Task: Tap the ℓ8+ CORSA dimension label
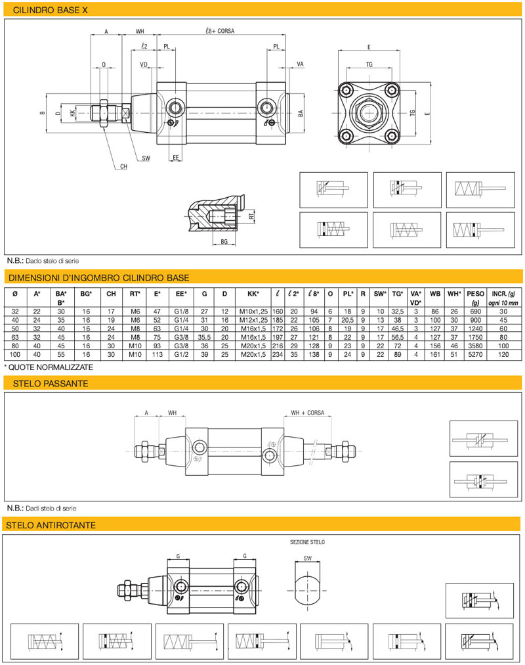pos(219,31)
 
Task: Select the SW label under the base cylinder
pos(146,158)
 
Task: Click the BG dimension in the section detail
pos(223,242)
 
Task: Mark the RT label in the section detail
pos(251,215)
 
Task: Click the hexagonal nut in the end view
pos(369,113)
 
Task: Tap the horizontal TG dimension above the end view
pos(369,64)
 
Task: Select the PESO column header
pos(476,293)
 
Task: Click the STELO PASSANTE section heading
pos(47,383)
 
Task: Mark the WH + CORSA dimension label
pos(307,413)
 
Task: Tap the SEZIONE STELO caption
pos(307,542)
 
